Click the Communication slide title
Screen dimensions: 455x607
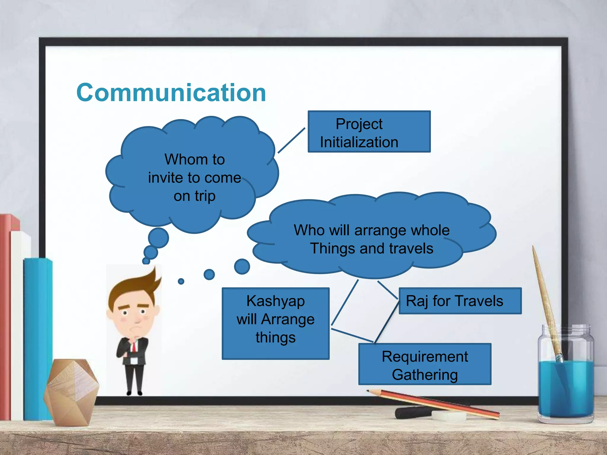[171, 93]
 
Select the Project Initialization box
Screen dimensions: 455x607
[369, 132]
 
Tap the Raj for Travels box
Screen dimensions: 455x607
[460, 301]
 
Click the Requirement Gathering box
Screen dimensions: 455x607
[424, 364]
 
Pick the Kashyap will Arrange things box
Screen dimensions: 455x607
[275, 323]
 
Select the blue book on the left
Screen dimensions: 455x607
[37, 338]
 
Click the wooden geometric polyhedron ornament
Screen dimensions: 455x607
[71, 391]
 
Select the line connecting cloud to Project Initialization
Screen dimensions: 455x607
[291, 140]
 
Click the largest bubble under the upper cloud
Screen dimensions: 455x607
[158, 238]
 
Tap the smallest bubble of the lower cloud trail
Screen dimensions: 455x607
[181, 281]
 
